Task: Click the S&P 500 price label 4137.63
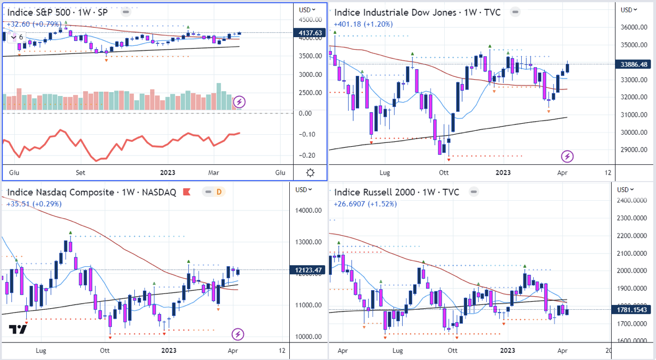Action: pos(310,33)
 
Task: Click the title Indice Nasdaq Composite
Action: pos(61,192)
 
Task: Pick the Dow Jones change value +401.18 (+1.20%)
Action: pos(362,24)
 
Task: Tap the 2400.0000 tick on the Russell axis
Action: pos(636,200)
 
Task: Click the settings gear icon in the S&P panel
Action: pos(310,173)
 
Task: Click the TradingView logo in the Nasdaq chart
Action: pos(17,329)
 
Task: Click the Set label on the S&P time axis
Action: pos(80,173)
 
